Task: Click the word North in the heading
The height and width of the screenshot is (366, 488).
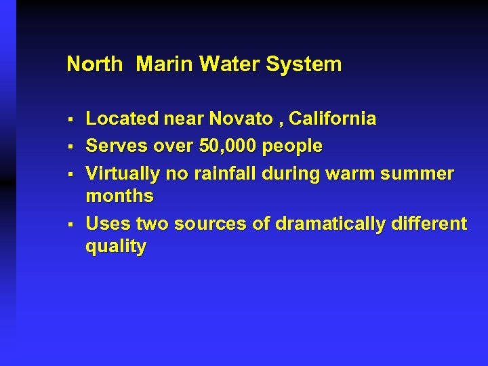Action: click(x=94, y=65)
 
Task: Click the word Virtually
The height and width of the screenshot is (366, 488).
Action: click(x=123, y=174)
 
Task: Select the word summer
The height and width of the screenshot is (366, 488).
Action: click(x=418, y=174)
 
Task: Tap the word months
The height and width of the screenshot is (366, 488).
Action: click(x=119, y=197)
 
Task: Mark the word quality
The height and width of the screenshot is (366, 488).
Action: click(x=115, y=247)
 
